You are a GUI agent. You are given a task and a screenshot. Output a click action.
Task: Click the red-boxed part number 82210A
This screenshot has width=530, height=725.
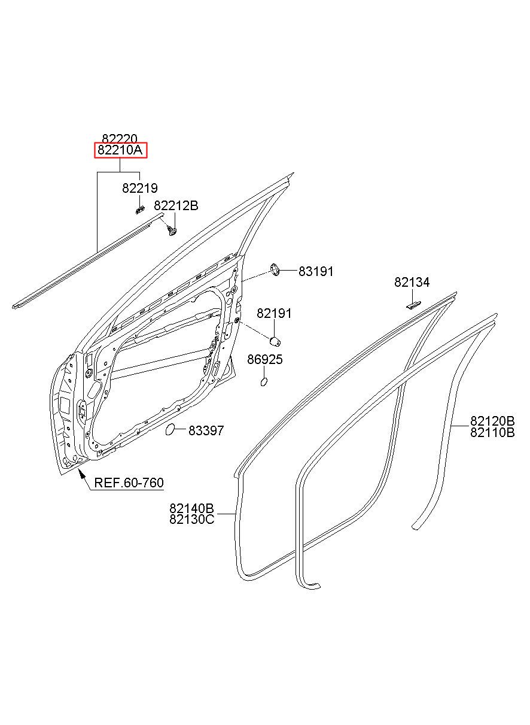tap(120, 150)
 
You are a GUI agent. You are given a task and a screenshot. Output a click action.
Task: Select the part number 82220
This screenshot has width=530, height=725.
tap(120, 139)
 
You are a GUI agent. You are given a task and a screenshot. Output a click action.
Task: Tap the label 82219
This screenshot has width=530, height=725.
tap(140, 188)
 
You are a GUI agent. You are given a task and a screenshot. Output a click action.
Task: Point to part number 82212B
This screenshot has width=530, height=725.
tap(176, 205)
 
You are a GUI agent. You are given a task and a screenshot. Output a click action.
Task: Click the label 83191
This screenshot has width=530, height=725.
tap(316, 271)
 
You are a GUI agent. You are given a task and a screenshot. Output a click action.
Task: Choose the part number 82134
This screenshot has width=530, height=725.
tap(412, 282)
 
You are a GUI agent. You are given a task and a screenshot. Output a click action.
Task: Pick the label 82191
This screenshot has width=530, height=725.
tap(274, 313)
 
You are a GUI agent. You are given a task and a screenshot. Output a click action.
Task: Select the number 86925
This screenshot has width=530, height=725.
tap(265, 359)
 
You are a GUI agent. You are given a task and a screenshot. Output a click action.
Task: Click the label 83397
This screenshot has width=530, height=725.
tap(206, 430)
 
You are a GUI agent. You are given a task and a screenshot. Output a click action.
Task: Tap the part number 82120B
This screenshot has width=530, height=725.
tap(492, 421)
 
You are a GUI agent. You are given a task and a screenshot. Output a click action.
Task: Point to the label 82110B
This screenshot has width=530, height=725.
tap(492, 432)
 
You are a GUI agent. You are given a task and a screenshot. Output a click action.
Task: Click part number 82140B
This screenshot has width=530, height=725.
tap(191, 508)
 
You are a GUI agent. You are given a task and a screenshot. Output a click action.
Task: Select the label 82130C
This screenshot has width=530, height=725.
tap(192, 520)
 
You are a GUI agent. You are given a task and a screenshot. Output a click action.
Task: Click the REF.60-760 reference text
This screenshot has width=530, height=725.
tap(129, 483)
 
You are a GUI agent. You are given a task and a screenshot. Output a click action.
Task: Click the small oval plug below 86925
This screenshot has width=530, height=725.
tap(264, 382)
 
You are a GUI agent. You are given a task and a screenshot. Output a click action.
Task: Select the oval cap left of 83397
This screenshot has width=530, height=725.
tap(170, 430)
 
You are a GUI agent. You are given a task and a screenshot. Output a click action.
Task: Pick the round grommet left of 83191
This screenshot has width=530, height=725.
tap(275, 270)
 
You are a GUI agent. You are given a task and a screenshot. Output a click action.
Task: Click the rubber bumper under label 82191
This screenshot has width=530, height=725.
tap(275, 341)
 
